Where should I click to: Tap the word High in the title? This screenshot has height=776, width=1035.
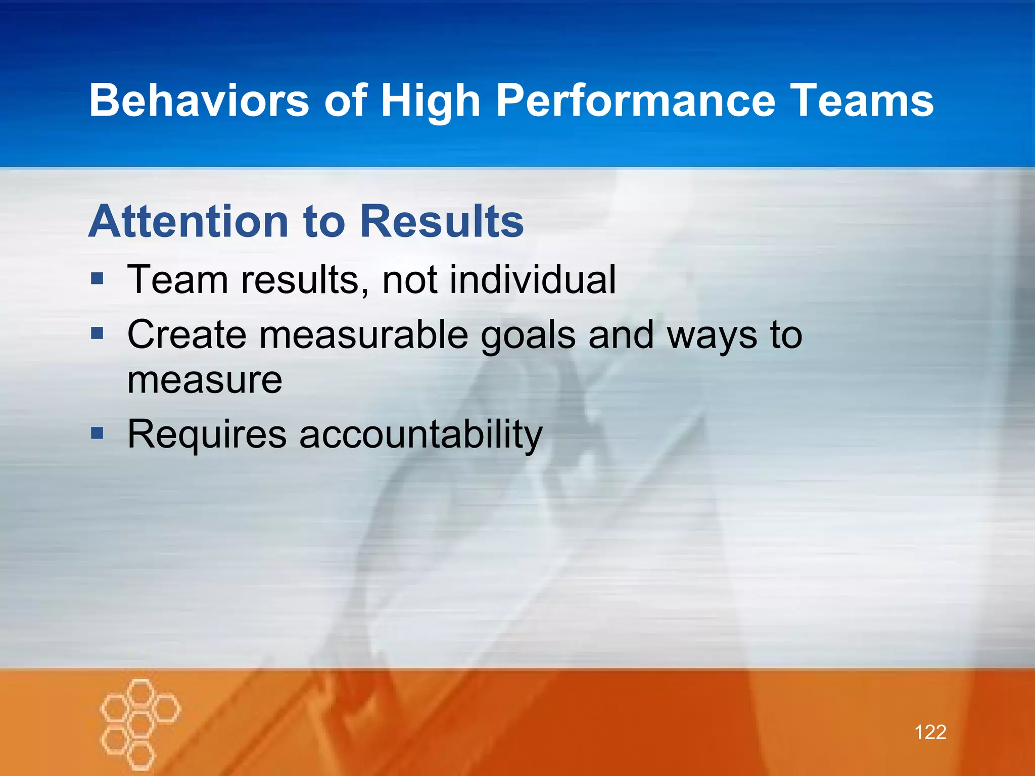tap(430, 101)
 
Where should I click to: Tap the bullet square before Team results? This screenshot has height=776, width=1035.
tap(97, 278)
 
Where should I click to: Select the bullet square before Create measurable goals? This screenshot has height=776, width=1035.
tap(97, 333)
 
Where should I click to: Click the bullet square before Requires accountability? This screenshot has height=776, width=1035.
tap(97, 433)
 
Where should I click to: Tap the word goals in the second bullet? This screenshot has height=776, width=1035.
tap(528, 336)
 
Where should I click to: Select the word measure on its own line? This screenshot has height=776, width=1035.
tap(205, 380)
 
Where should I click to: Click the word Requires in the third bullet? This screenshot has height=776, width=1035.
tap(207, 434)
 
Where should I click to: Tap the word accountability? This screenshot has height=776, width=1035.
tap(421, 434)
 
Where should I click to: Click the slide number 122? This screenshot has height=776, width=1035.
tap(930, 732)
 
